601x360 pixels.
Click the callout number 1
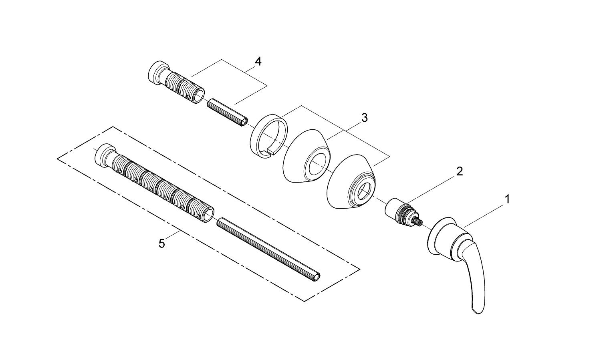pos(507,199)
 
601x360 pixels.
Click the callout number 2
pos(460,171)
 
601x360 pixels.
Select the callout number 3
pos(364,118)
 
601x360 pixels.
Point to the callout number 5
pos(161,243)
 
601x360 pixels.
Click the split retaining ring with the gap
pos(268,136)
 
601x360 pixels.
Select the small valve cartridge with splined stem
pos(401,213)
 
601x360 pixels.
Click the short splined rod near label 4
pos(228,113)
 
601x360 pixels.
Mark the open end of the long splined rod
pos(317,277)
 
